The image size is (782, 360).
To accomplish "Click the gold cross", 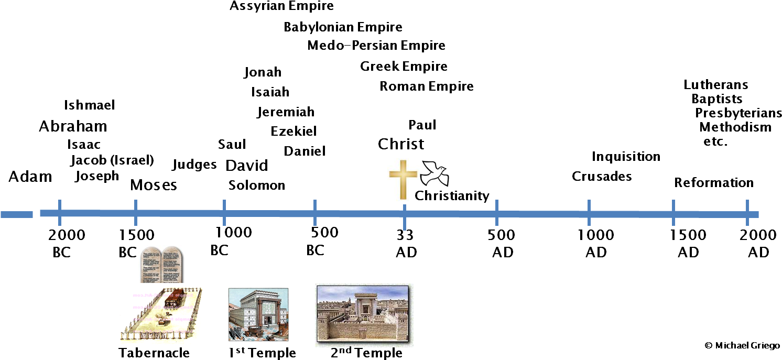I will [x=403, y=179].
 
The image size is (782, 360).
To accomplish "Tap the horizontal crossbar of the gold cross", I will [x=403, y=172].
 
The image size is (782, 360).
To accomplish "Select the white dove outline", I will [x=434, y=174].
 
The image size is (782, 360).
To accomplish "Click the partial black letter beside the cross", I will [x=418, y=196].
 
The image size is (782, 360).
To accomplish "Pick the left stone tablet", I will [x=150, y=265].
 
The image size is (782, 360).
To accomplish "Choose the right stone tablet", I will [x=173, y=265].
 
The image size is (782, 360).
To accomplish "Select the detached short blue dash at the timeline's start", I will [x=16, y=214].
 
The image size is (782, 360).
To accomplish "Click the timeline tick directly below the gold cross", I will [x=405, y=216].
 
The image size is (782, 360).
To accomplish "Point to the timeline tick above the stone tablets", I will [x=136, y=212].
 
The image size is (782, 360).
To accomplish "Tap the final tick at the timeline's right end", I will [x=747, y=213].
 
